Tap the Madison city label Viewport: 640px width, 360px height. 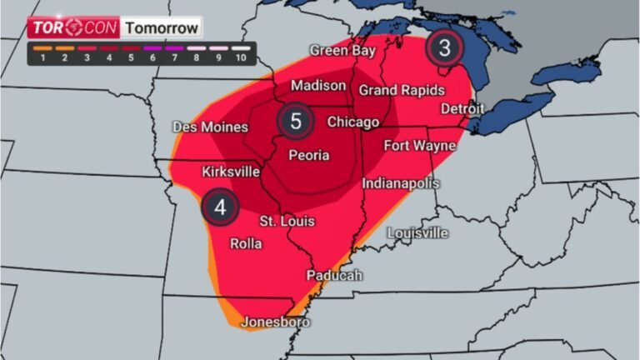[318, 86]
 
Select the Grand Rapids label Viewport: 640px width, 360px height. [401, 90]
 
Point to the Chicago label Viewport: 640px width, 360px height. [353, 122]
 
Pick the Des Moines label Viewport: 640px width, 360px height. [210, 127]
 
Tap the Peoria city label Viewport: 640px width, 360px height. [308, 155]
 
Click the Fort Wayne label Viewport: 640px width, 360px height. [419, 146]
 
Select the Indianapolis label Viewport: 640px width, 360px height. [401, 182]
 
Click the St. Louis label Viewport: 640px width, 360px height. [287, 221]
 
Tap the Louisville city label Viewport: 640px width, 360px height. [418, 232]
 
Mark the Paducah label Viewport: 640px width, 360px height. [334, 275]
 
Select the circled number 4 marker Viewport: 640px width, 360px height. [220, 207]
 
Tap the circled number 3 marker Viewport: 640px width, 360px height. [444, 47]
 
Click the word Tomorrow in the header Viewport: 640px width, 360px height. [162, 27]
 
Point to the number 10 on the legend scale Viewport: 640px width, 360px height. [242, 59]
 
